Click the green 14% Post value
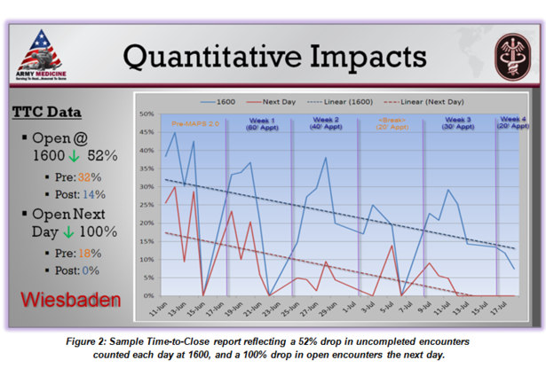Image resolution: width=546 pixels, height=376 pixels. pos(93,194)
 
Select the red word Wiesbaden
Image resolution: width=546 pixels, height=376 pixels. pos(65,299)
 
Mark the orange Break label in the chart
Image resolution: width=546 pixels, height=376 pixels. pos(392,120)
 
